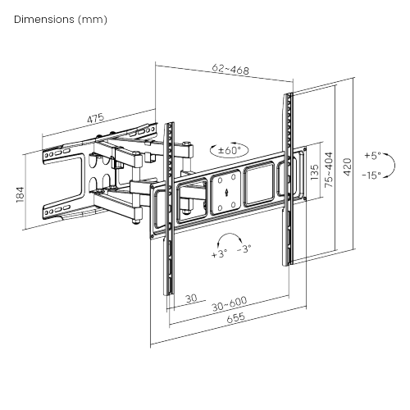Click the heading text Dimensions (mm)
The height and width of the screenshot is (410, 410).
(61, 18)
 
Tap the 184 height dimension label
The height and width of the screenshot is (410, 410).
(20, 194)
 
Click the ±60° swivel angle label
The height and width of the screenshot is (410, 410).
(230, 151)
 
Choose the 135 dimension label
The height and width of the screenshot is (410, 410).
(314, 174)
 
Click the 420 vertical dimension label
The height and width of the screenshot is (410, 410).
(347, 169)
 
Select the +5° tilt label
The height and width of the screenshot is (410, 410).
(373, 155)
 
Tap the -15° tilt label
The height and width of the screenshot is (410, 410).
(373, 174)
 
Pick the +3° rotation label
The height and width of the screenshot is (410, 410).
(218, 254)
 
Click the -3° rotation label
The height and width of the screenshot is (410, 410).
(244, 249)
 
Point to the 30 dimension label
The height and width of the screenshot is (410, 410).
(190, 298)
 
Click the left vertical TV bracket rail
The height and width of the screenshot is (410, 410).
(171, 209)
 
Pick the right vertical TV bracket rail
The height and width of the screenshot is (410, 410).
(289, 176)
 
